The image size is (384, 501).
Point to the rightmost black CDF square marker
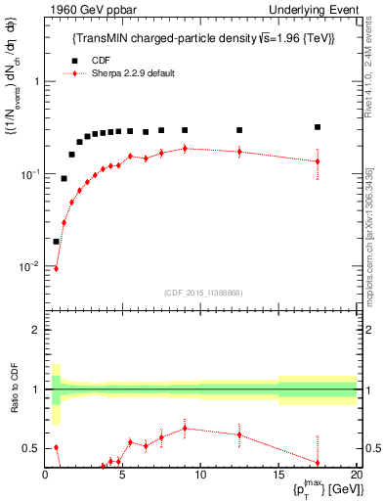(x=318, y=127)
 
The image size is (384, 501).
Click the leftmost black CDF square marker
(x=56, y=242)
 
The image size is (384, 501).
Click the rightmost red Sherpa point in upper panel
(x=318, y=161)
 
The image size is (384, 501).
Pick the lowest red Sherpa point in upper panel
(x=56, y=268)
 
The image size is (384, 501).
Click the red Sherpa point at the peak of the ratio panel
(x=185, y=428)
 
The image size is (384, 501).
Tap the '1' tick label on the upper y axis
(x=36, y=81)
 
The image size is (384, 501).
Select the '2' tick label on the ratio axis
(x=36, y=330)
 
